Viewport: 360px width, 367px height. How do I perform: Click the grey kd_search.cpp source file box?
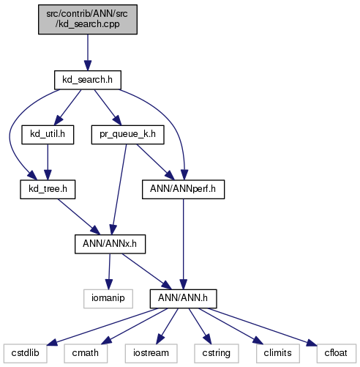coord(88,19)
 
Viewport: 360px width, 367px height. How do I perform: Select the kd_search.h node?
coord(88,80)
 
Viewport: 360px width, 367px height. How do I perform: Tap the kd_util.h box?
coord(48,135)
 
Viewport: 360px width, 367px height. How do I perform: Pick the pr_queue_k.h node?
coord(127,135)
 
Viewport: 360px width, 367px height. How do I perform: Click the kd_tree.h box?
coord(48,189)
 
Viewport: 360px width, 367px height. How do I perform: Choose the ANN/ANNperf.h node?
coord(183,189)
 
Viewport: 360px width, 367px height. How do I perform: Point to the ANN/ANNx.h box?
coord(110,244)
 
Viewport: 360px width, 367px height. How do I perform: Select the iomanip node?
coord(108,299)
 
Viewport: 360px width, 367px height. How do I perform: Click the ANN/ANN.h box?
coord(183,299)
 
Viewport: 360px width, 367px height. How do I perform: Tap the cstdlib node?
coord(25,353)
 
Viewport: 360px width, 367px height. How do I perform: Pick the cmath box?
coord(86,353)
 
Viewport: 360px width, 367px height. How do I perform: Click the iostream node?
coord(151,353)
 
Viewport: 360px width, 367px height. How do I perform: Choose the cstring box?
coord(217,353)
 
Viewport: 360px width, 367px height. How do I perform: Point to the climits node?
coord(278,353)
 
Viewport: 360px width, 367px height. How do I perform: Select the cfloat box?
coord(337,353)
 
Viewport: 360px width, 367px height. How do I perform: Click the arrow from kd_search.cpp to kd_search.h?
coord(88,53)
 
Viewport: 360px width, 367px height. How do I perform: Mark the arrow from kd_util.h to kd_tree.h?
coord(48,162)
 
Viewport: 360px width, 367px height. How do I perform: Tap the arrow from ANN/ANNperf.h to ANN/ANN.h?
coord(183,244)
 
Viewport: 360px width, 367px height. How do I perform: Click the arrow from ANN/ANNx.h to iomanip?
coord(109,272)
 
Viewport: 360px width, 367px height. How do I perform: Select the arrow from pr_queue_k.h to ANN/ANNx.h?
coord(119,190)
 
